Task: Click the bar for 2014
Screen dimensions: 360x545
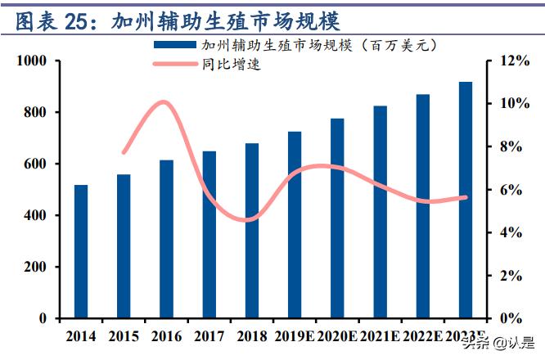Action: coord(81,251)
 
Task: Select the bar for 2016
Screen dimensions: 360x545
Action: coord(166,239)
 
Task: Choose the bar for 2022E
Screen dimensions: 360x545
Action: coord(422,206)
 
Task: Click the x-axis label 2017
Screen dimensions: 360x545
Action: coord(209,335)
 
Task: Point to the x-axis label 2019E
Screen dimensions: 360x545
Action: coord(294,335)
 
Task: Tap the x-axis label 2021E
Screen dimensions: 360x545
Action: coord(380,335)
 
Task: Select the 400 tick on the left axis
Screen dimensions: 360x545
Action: coord(38,215)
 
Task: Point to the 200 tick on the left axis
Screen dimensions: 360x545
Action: coord(38,267)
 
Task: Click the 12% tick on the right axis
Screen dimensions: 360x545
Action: coord(507,61)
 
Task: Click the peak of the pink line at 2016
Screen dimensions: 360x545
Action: coord(164,102)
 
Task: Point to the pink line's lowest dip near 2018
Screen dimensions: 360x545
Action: coord(247,220)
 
